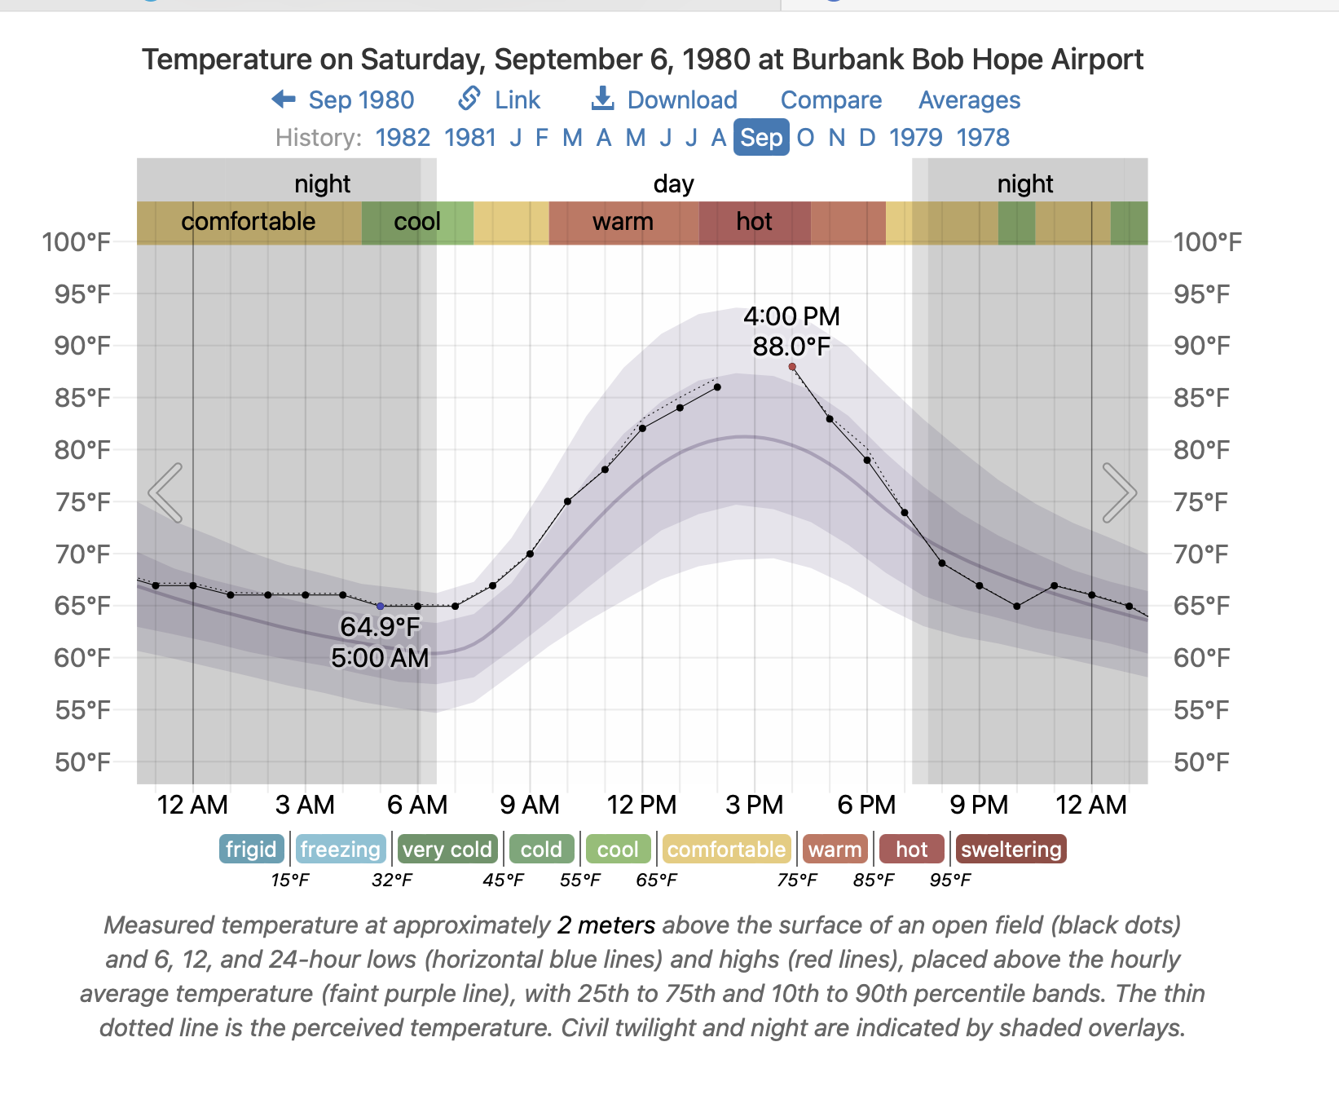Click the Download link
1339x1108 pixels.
click(x=664, y=100)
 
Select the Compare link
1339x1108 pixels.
click(x=830, y=100)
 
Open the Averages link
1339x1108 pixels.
click(x=969, y=100)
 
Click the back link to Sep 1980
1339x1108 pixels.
click(x=343, y=100)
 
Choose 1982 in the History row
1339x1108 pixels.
click(x=403, y=138)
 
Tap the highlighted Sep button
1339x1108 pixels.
click(x=761, y=138)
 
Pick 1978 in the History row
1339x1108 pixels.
click(x=983, y=138)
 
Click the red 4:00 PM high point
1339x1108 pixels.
click(x=792, y=367)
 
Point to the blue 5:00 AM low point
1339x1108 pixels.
click(x=381, y=607)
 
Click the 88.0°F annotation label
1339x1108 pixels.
click(x=791, y=347)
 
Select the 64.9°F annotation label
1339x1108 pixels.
click(x=380, y=626)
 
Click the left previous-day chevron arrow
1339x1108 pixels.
click(x=165, y=492)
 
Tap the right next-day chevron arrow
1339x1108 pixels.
click(x=1119, y=492)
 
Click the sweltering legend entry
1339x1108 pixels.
click(x=1011, y=850)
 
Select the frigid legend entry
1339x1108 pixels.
click(x=251, y=850)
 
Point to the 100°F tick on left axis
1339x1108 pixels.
click(x=77, y=242)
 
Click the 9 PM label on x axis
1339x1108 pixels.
click(x=979, y=806)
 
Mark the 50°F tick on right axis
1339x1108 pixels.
click(x=1201, y=762)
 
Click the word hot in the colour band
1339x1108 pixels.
click(x=754, y=222)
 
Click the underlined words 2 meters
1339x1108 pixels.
click(x=606, y=925)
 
